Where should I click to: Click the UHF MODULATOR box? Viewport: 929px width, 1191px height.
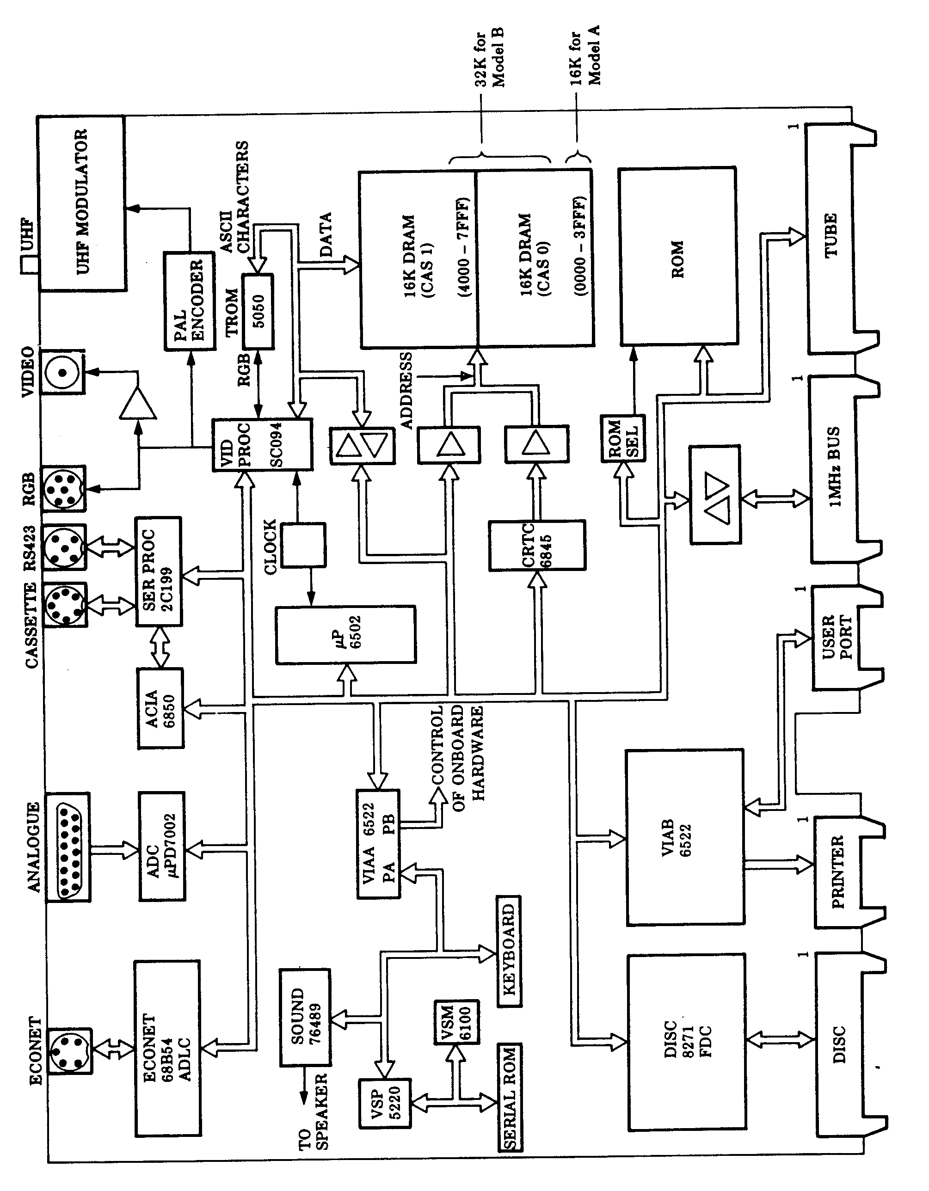pos(82,203)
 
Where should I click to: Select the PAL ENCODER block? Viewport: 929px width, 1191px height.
pos(189,301)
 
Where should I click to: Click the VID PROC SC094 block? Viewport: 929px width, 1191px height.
pos(262,445)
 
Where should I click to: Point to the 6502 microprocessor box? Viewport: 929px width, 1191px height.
pos(345,634)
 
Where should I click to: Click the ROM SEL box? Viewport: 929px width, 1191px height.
pos(622,439)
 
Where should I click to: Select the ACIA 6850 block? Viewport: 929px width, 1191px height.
pos(160,708)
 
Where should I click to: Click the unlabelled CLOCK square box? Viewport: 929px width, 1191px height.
pos(303,545)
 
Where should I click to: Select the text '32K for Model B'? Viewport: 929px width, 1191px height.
pos(489,58)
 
